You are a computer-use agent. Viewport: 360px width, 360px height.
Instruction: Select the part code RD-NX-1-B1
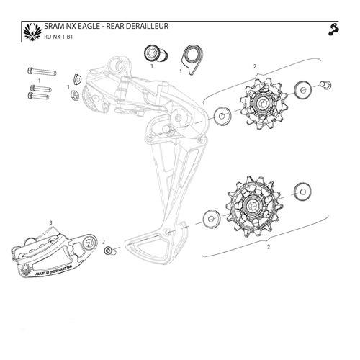(x=58, y=37)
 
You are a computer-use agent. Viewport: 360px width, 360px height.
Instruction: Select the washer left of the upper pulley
(x=219, y=113)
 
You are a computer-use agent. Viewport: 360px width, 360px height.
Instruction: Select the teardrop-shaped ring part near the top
(x=190, y=57)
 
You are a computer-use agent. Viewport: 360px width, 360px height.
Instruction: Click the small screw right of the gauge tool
(x=109, y=252)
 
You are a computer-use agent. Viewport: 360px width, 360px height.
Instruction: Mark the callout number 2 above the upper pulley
(x=255, y=66)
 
